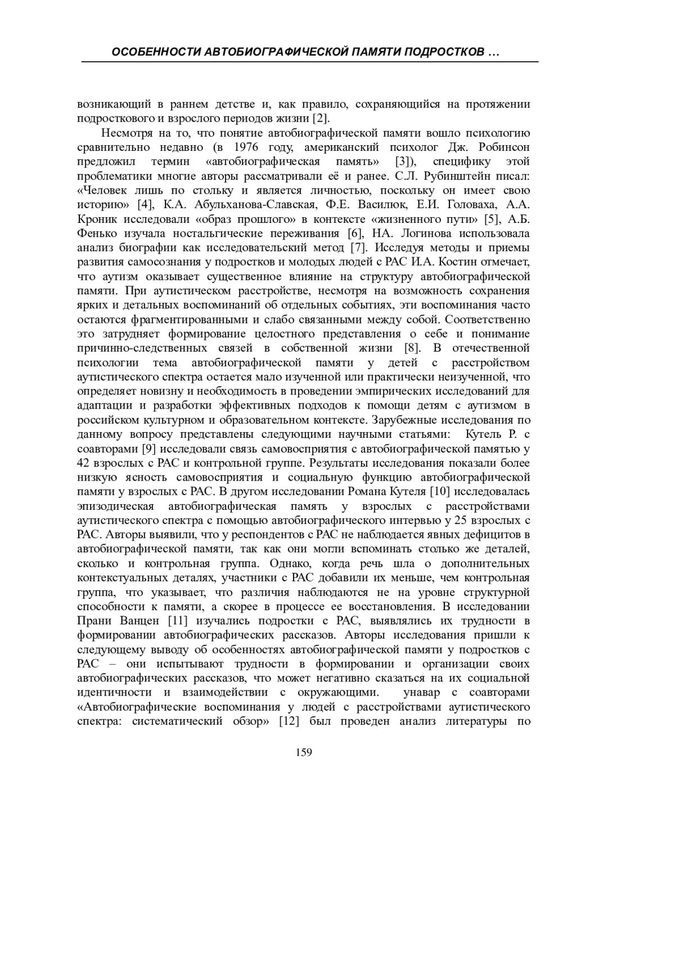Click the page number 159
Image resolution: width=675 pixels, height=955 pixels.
coord(303,752)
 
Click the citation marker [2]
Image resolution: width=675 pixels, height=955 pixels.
coord(321,119)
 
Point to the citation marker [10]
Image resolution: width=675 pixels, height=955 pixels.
coord(439,492)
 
